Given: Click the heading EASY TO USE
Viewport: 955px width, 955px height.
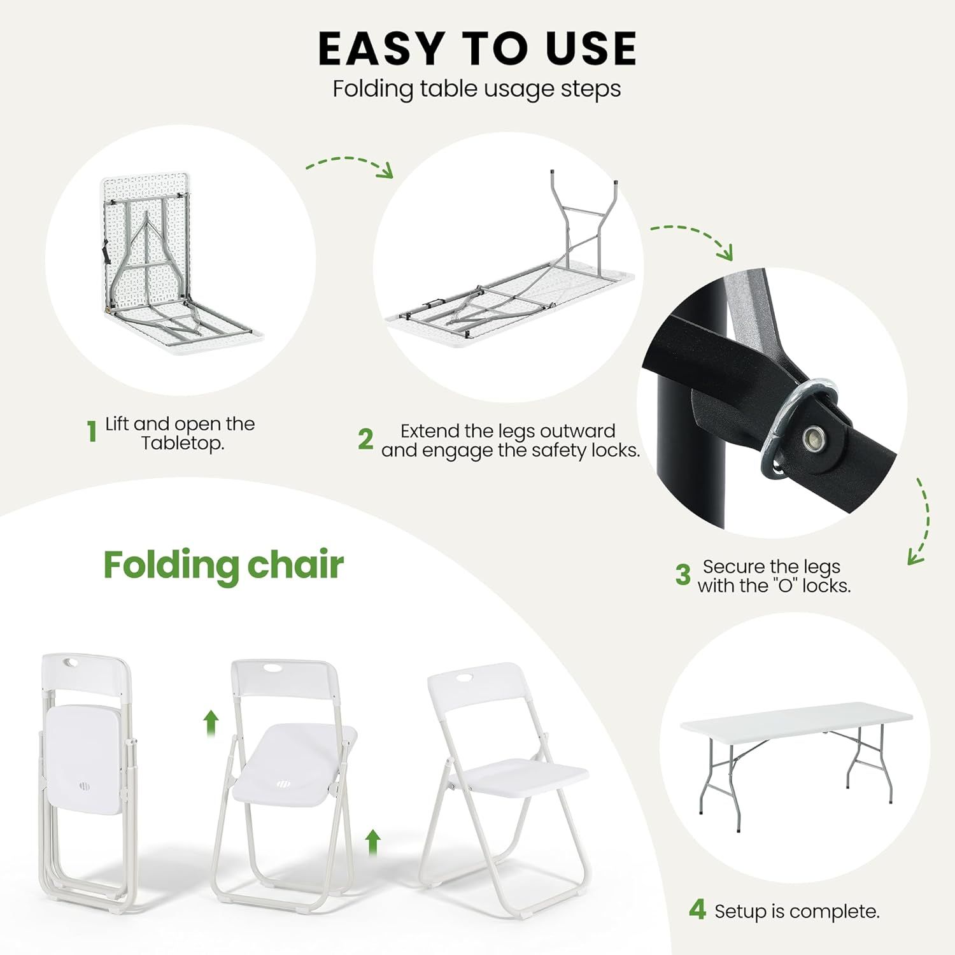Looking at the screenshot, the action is click(x=477, y=48).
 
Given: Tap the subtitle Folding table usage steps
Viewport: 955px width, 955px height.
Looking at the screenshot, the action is click(x=477, y=88).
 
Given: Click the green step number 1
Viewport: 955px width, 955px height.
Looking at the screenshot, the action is click(x=92, y=431).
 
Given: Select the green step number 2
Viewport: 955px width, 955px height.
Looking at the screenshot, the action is click(x=365, y=439).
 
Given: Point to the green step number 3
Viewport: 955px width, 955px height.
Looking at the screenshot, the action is click(x=683, y=575).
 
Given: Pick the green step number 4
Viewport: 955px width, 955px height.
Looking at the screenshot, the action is click(x=698, y=910).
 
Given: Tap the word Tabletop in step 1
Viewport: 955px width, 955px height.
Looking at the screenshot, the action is click(x=182, y=443).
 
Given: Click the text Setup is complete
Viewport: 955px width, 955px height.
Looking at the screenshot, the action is click(x=796, y=912).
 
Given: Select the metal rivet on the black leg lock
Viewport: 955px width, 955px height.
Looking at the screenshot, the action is click(x=812, y=437).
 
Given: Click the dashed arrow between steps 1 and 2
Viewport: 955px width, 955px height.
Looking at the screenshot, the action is click(x=350, y=165).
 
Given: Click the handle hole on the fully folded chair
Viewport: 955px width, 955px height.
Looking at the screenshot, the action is click(x=73, y=663).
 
